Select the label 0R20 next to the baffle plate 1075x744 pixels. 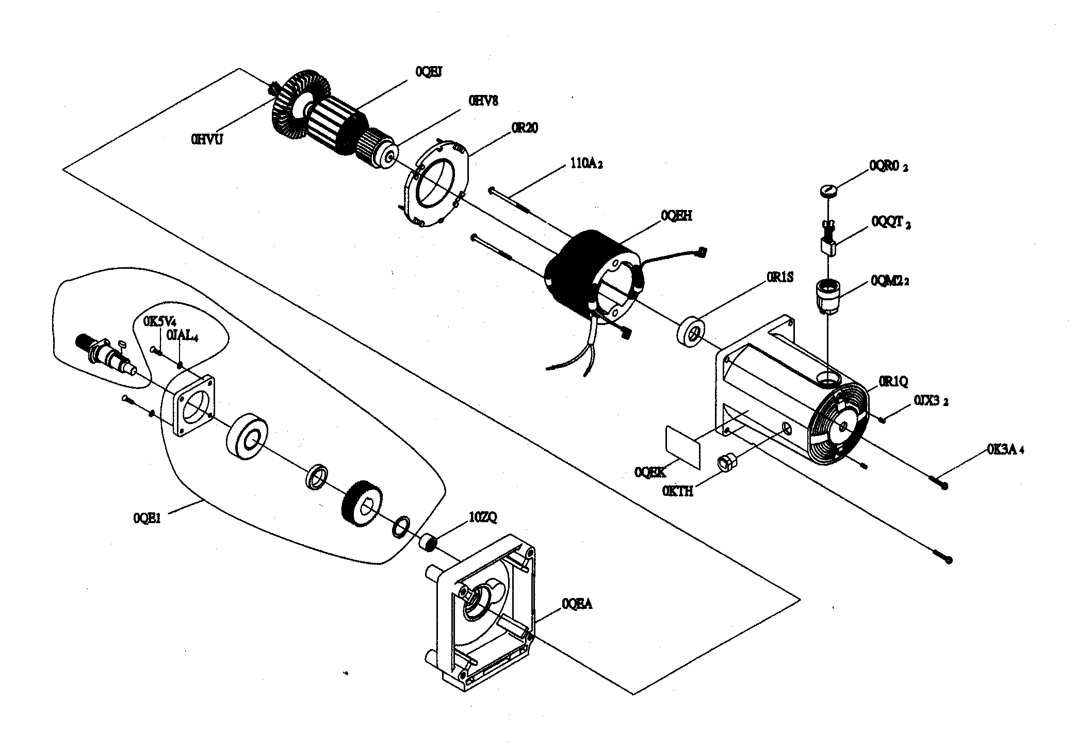[524, 128]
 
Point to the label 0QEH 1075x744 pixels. [676, 216]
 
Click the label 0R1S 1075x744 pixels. [779, 278]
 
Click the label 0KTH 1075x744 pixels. [678, 491]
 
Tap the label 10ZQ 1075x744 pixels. [482, 517]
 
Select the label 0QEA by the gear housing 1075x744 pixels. [577, 603]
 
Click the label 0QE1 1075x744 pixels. [148, 518]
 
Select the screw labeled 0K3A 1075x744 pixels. [939, 483]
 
